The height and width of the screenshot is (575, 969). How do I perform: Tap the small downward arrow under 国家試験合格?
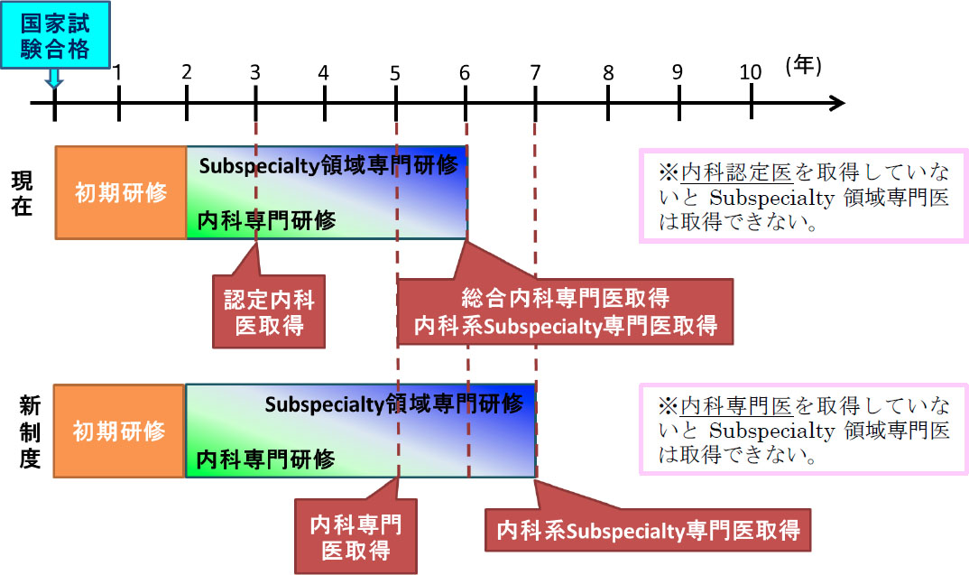tap(54, 79)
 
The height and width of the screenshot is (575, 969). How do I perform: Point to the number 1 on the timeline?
tap(117, 72)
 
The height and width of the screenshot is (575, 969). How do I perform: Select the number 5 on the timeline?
tap(395, 72)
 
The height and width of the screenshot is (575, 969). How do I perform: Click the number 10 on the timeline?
tap(751, 72)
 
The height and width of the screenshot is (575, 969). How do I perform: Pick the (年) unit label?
tap(803, 66)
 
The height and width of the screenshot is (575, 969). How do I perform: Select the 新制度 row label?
tap(28, 432)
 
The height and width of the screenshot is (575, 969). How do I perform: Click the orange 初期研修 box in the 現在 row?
tap(120, 192)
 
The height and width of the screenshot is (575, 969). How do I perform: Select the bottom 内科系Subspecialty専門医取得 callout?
tap(648, 529)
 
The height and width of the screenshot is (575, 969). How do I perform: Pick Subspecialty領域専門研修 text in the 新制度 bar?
tap(393, 403)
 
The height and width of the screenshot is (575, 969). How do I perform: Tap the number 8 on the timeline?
tap(608, 72)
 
